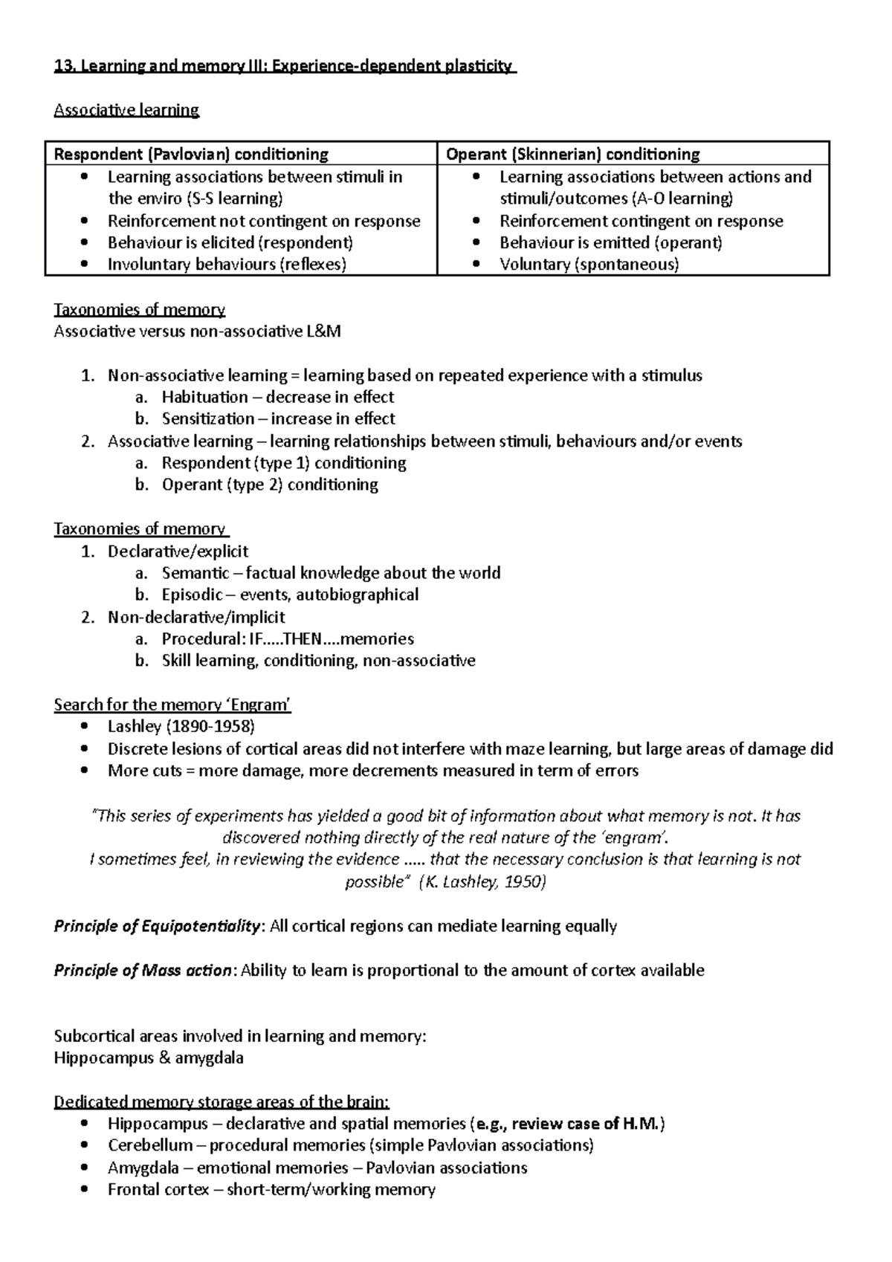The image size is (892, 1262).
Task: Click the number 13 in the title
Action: [62, 66]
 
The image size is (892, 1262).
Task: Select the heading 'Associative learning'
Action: [126, 110]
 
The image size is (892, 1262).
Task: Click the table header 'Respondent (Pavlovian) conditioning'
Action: [191, 154]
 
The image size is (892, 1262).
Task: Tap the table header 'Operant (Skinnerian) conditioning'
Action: [572, 154]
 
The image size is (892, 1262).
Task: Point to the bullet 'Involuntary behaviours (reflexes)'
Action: [227, 264]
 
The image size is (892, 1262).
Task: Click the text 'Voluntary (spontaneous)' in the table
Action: [589, 264]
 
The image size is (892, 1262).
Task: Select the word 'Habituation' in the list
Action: [205, 397]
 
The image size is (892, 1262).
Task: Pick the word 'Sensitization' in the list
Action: [208, 418]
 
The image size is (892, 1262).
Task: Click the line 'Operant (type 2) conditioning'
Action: [270, 485]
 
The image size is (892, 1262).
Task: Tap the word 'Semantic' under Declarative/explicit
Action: [195, 573]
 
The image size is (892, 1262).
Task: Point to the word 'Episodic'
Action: [192, 595]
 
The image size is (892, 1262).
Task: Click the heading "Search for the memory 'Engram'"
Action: [172, 705]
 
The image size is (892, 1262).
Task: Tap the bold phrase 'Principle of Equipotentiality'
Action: [158, 926]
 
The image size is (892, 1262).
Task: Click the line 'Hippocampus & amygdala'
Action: [149, 1058]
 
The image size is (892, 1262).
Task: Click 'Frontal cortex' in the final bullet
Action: [158, 1189]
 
